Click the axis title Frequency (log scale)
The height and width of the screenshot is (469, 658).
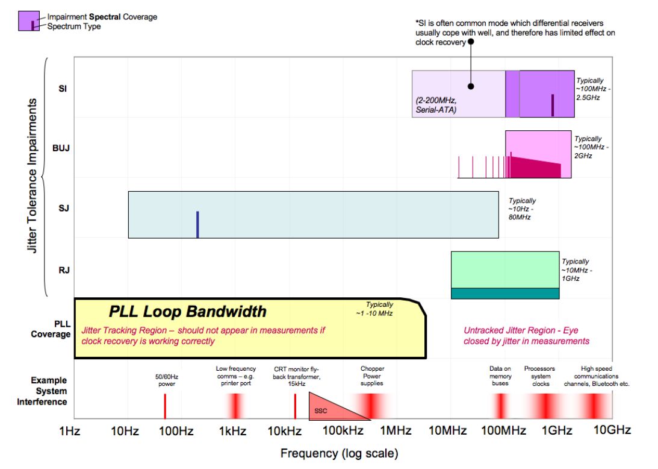pos(339,453)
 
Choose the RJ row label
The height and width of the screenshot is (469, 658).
pos(64,270)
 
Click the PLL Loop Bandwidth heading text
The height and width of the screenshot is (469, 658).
pos(187,312)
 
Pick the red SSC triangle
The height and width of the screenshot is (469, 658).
pos(328,408)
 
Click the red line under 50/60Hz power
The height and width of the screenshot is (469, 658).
pos(165,406)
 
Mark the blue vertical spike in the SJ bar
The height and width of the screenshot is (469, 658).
pos(197,224)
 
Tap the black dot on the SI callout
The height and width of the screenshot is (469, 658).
pos(471,86)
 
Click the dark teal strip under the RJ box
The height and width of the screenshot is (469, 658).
pos(505,293)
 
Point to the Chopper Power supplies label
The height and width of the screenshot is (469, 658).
pos(372,376)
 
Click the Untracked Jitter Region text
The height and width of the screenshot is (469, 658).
pos(526,336)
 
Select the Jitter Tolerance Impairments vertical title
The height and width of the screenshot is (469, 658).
pos(33,177)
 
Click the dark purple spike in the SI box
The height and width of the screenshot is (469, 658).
pos(552,105)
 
